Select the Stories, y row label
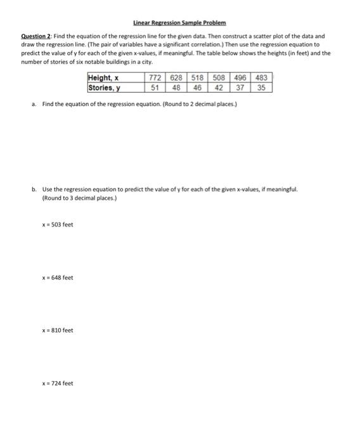pyautogui.click(x=105, y=88)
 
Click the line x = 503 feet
pyautogui.click(x=58, y=225)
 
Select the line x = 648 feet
pyautogui.click(x=58, y=277)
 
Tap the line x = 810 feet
pyautogui.click(x=58, y=330)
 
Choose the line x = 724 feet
pyautogui.click(x=58, y=383)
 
